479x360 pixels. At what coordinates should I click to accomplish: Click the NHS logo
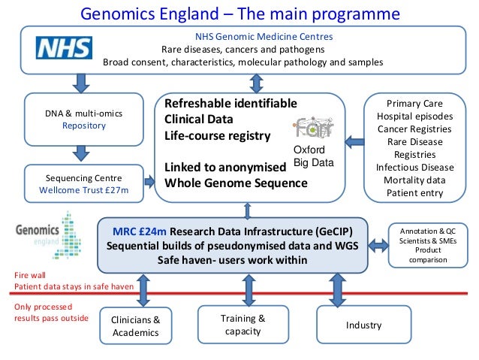tap(65, 49)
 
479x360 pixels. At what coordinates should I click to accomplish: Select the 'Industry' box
tap(363, 325)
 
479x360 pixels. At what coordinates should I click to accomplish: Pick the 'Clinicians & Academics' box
tap(136, 326)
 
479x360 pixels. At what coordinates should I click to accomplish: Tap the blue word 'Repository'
tap(84, 126)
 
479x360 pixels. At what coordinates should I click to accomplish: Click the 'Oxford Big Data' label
tap(313, 156)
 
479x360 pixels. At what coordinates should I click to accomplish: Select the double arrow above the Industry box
tap(336, 290)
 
